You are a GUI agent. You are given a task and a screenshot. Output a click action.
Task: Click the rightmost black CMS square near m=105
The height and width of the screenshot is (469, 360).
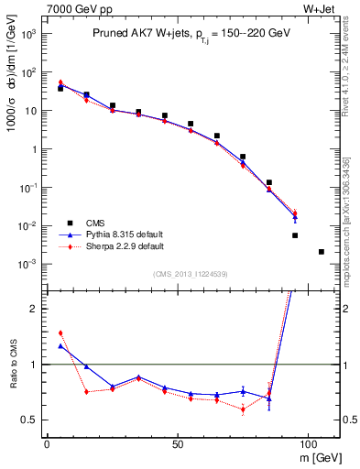(x=321, y=252)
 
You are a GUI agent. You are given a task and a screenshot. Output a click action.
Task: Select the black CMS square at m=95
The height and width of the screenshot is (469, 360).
(x=295, y=235)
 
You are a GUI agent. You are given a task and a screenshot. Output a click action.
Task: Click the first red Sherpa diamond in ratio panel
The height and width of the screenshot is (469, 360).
(x=60, y=333)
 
